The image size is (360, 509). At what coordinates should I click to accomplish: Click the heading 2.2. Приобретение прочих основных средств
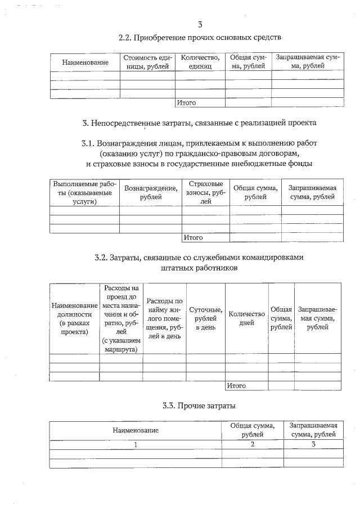[200, 38]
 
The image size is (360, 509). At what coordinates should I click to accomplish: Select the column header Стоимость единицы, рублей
[147, 62]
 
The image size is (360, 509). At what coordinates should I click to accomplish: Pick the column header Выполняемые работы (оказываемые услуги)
[84, 193]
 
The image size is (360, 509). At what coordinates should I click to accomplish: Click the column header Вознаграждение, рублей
[150, 193]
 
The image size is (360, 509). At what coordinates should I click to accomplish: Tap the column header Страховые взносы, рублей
[205, 192]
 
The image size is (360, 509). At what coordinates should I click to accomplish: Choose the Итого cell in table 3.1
[193, 238]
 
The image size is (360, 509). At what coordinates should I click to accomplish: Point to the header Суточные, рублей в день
[205, 318]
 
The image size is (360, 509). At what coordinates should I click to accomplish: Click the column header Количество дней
[246, 318]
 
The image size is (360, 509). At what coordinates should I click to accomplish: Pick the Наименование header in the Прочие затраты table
[135, 430]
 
